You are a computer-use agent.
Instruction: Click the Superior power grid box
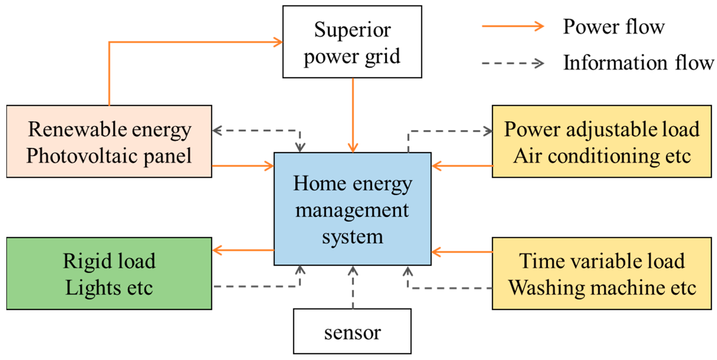pos(352,42)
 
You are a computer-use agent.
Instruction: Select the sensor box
pos(352,331)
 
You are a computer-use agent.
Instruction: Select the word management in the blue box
pos(352,211)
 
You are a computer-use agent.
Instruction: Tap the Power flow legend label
pos(614,27)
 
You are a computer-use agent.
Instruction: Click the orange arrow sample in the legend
pos(512,26)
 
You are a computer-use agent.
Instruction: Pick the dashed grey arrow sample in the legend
pos(512,63)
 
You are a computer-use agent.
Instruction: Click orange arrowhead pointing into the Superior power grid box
pos(278,42)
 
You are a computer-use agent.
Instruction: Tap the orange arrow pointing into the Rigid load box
pos(242,250)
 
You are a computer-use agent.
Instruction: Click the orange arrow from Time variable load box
pos(462,252)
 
